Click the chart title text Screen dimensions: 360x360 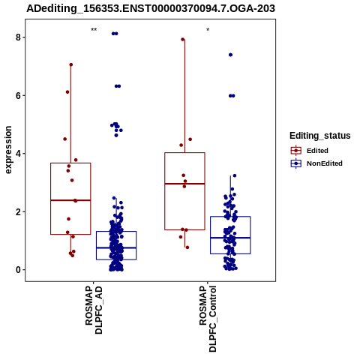151,9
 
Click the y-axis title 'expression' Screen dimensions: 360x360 8,150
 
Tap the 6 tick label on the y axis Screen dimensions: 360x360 18,95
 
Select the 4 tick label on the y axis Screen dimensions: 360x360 18,154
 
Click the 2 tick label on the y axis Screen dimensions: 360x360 18,211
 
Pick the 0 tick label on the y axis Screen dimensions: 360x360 18,270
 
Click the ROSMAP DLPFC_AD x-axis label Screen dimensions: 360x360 94,310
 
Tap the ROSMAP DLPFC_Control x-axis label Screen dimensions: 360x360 208,319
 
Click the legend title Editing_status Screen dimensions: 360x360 320,136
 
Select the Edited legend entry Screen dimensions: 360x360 310,151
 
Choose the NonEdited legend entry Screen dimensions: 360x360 316,163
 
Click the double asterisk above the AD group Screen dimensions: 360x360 94,30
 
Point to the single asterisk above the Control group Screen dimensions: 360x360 208,30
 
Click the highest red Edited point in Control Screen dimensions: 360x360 183,39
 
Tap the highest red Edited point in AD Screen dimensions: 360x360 71,64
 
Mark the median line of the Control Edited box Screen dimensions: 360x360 184,184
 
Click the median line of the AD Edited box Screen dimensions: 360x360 70,200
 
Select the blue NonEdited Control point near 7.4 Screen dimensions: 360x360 230,55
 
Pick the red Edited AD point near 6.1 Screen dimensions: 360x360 67,92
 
